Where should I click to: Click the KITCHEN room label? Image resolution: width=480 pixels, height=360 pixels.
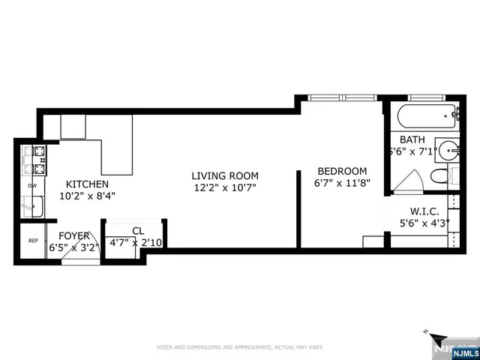click(x=87, y=184)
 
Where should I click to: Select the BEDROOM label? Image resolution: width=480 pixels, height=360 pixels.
click(x=341, y=170)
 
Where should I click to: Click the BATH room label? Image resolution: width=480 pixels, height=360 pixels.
click(x=412, y=140)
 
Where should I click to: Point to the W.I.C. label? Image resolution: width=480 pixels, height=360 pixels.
click(x=424, y=211)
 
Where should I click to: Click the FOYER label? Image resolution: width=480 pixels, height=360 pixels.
click(x=74, y=235)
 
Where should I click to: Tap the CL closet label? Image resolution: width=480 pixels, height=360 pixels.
click(x=137, y=231)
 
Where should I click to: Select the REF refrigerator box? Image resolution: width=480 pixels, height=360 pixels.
click(x=33, y=241)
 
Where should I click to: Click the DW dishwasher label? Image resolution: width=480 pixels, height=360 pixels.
click(x=32, y=185)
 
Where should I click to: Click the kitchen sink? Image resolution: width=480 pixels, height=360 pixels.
click(x=33, y=204)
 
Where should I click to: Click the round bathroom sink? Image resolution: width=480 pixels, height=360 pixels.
click(x=448, y=148)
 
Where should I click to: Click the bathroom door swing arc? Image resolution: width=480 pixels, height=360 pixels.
click(x=407, y=182)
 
